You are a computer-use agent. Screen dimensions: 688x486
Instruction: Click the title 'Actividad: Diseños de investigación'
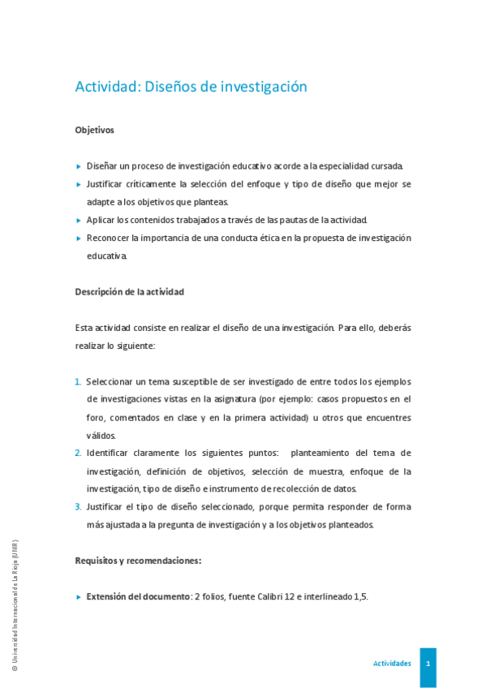pyautogui.click(x=191, y=87)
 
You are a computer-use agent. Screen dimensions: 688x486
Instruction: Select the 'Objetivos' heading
pyautogui.click(x=94, y=130)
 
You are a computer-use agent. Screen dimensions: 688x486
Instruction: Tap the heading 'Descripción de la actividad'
pyautogui.click(x=129, y=291)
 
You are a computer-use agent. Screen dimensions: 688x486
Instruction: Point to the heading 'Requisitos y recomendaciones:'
pyautogui.click(x=138, y=560)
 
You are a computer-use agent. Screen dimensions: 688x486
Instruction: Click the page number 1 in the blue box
pyautogui.click(x=428, y=663)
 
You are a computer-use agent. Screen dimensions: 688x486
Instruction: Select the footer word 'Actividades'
pyautogui.click(x=392, y=664)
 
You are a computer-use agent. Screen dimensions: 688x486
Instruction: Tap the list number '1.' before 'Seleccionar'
pyautogui.click(x=78, y=381)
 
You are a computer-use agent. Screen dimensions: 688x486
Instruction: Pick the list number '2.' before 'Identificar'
pyautogui.click(x=78, y=453)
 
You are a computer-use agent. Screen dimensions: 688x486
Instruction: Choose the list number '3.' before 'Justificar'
pyautogui.click(x=78, y=507)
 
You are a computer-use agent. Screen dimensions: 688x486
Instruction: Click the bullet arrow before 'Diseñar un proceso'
pyautogui.click(x=78, y=166)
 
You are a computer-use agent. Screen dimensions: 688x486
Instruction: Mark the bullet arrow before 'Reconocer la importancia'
pyautogui.click(x=78, y=239)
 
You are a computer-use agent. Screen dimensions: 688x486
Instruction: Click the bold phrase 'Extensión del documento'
pyautogui.click(x=138, y=596)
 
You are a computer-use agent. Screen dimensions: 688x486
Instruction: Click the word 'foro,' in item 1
pyautogui.click(x=97, y=417)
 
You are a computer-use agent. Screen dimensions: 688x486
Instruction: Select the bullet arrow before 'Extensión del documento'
pyautogui.click(x=78, y=597)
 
